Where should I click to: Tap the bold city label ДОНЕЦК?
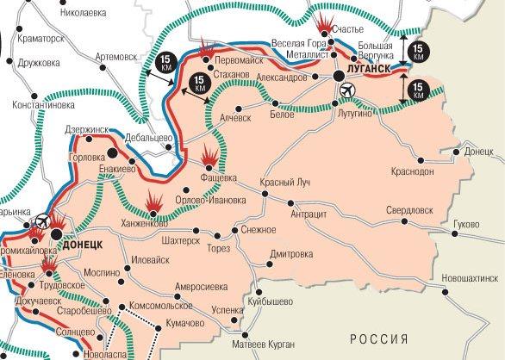pos(83,245)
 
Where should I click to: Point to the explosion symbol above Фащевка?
pos(209,158)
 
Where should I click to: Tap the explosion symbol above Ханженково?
pos(153,202)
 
